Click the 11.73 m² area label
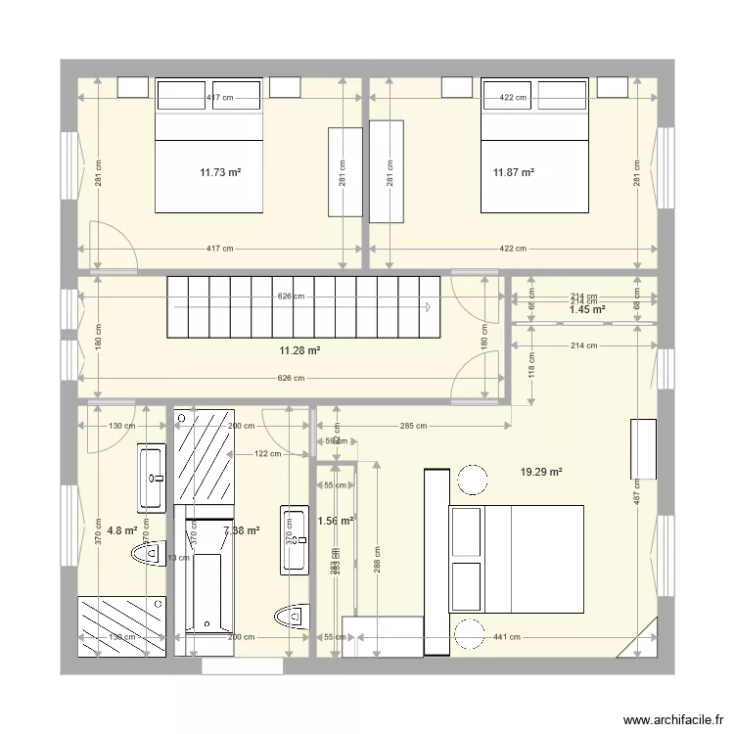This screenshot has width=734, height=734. point(220,173)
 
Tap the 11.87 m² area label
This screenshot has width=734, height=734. point(513,173)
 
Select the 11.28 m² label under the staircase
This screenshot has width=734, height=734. point(301,350)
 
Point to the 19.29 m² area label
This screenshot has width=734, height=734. point(541,472)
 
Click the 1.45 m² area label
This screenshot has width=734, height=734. point(586,310)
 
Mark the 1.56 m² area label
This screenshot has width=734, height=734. point(335,521)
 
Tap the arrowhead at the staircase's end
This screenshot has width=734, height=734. point(429,306)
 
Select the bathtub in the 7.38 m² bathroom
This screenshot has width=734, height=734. point(204,589)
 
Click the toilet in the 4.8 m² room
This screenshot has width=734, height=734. point(145,555)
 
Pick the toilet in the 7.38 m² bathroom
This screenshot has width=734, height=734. point(289,616)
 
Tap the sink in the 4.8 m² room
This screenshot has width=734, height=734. point(151,477)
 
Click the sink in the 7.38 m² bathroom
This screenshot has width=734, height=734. point(294,539)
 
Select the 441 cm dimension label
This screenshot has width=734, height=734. point(506,638)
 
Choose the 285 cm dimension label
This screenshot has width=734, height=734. point(413,426)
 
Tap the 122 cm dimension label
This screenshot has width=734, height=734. point(267,453)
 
